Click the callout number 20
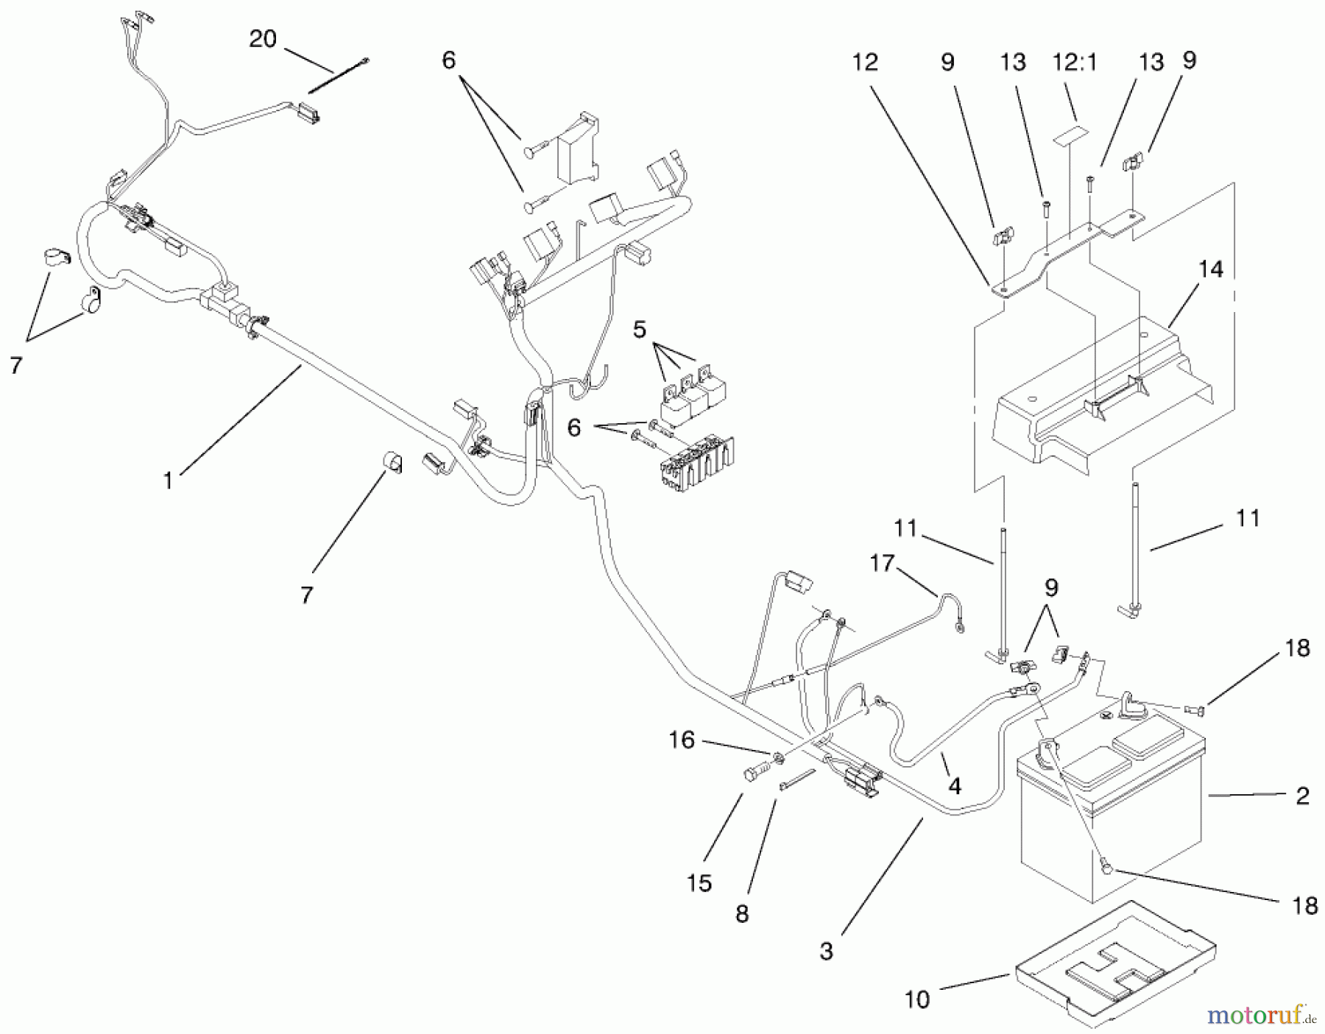tap(262, 38)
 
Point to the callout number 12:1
tap(1075, 63)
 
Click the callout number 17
tap(881, 564)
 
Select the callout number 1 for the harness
tap(169, 481)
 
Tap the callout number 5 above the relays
tap(639, 330)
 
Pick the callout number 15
tap(699, 882)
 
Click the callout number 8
tap(742, 913)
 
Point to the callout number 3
tap(826, 951)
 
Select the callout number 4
tap(954, 786)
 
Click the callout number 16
tap(682, 740)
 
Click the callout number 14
tap(1210, 270)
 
